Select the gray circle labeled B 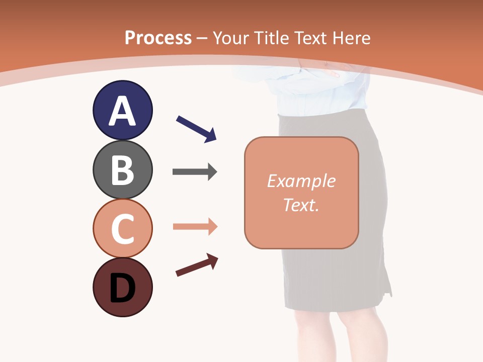click(122, 169)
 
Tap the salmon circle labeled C click(122, 228)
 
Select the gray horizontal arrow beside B click(195, 172)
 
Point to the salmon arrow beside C click(195, 227)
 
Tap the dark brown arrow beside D click(197, 265)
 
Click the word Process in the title click(158, 38)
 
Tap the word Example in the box click(301, 181)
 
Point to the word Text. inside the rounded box click(301, 205)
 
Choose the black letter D click(122, 288)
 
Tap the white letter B click(122, 170)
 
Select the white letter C click(122, 229)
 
